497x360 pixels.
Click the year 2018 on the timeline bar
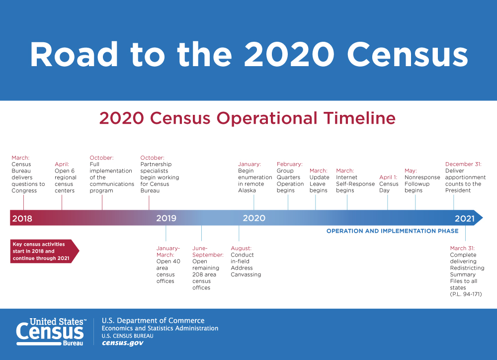(x=22, y=218)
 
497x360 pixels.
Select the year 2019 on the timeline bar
(x=166, y=218)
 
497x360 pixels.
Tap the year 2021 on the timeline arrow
(x=465, y=218)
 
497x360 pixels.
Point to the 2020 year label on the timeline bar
(x=254, y=218)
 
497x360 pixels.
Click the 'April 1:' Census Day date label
(x=388, y=177)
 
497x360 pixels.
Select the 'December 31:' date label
(x=463, y=164)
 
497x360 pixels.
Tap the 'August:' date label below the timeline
(x=241, y=248)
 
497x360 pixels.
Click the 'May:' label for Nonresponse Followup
(x=411, y=171)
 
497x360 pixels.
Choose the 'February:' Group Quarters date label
(x=289, y=164)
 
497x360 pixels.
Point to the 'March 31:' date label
(x=462, y=248)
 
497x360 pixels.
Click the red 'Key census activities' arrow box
(x=44, y=251)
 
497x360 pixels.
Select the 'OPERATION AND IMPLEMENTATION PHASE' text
(x=393, y=231)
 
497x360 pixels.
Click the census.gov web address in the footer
(x=122, y=343)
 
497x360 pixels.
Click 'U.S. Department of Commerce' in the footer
(x=153, y=321)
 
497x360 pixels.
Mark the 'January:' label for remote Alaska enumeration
(x=249, y=164)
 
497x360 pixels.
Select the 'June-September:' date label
(x=207, y=252)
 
